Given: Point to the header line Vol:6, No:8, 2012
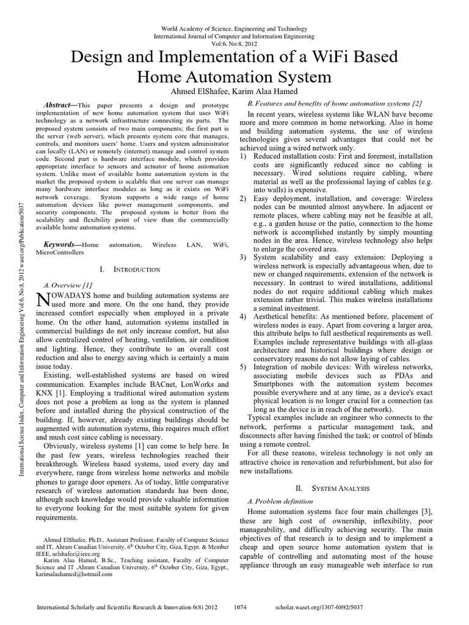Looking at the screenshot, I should (234, 44).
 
